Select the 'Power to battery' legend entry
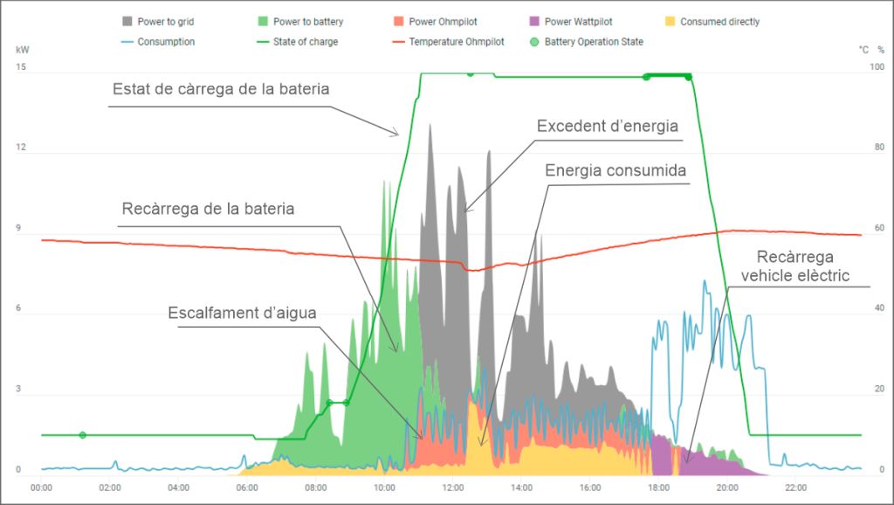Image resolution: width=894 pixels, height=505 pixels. point(302,21)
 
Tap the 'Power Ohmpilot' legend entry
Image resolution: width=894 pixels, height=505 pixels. point(434,21)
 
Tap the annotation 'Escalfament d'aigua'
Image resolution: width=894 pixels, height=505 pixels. point(242,313)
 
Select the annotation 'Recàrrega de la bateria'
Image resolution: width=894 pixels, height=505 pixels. point(208,210)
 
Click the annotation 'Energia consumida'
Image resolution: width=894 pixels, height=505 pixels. point(615,169)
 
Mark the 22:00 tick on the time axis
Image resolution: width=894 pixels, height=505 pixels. point(795,488)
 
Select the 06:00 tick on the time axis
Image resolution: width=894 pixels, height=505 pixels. point(247,488)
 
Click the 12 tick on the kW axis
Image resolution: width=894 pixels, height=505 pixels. point(21,148)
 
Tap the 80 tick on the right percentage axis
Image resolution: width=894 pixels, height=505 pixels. point(879,148)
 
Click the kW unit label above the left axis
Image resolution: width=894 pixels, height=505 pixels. point(22,50)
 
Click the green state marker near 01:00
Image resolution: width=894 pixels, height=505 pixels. point(82,435)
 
